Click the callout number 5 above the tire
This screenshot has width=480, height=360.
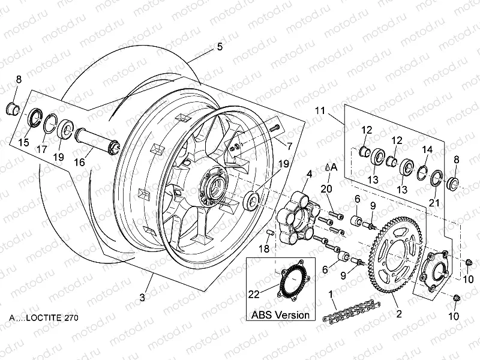tap(219, 47)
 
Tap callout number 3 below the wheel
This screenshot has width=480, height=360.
tap(142, 296)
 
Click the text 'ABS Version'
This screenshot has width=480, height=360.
tap(280, 314)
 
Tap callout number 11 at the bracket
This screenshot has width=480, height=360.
tap(320, 110)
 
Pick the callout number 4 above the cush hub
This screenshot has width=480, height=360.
tap(309, 175)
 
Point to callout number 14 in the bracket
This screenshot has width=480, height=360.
tap(427, 149)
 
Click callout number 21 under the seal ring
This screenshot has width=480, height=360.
tap(433, 203)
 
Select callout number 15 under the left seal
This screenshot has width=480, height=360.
tap(23, 142)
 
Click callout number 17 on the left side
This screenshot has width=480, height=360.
tap(42, 149)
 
